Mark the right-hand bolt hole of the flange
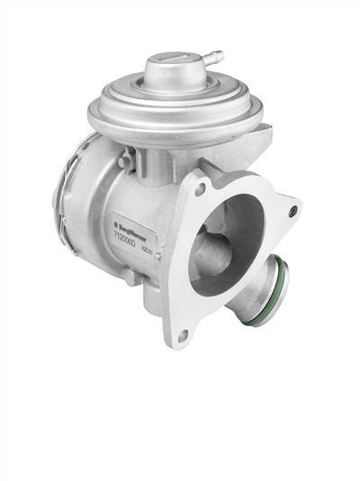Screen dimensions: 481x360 292,212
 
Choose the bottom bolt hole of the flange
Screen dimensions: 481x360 183,334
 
